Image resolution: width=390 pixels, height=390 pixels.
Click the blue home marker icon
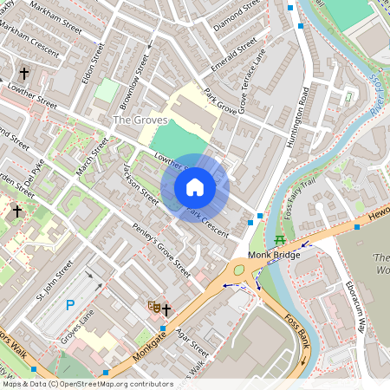(x=195, y=187)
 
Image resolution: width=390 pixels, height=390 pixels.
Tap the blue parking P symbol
(x=70, y=304)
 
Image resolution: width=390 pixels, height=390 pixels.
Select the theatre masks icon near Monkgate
(x=153, y=306)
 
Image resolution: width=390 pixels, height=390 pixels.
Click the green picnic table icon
(x=279, y=238)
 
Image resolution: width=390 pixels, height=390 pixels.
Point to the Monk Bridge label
(x=273, y=255)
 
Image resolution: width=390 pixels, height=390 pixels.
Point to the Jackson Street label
(x=141, y=184)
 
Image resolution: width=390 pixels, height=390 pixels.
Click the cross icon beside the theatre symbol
(x=166, y=307)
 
